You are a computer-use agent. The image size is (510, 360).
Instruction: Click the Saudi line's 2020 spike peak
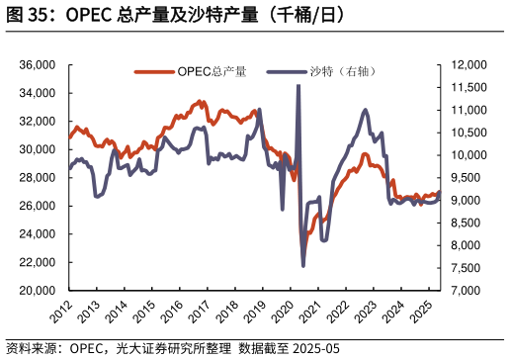click(298, 87)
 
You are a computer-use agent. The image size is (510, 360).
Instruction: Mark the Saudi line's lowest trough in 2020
click(303, 265)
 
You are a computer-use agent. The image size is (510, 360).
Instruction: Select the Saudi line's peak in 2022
click(366, 110)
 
